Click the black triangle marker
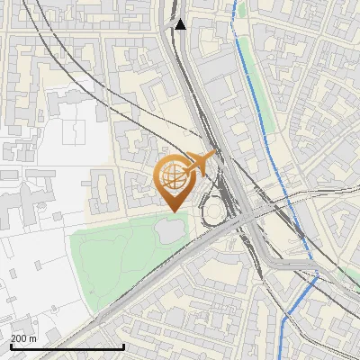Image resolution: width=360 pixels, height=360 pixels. point(181,24)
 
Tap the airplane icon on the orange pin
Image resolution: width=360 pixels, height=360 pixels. point(196,165)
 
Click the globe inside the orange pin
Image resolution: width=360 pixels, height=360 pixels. point(172,176)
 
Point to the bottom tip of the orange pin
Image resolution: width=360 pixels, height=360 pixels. point(172,211)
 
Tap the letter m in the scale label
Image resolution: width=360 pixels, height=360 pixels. point(33,338)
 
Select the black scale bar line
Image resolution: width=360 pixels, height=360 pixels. point(67,346)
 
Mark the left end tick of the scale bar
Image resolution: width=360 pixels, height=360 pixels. point(11,346)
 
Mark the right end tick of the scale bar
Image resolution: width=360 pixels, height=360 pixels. point(123,346)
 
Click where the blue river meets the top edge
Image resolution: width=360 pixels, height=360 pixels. point(237,2)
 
